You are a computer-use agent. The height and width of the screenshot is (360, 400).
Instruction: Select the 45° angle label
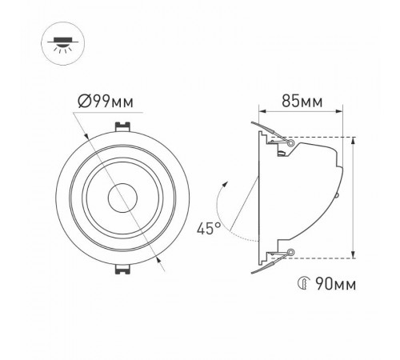point(209,229)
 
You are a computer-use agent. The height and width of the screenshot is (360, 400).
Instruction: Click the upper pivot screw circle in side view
point(290,142)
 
